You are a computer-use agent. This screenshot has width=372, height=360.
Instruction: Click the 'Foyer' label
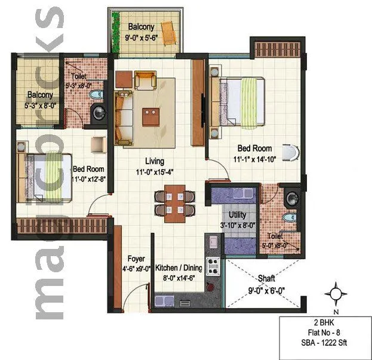coord(136,259)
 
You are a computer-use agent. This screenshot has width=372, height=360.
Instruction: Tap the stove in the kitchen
coord(211,265)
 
